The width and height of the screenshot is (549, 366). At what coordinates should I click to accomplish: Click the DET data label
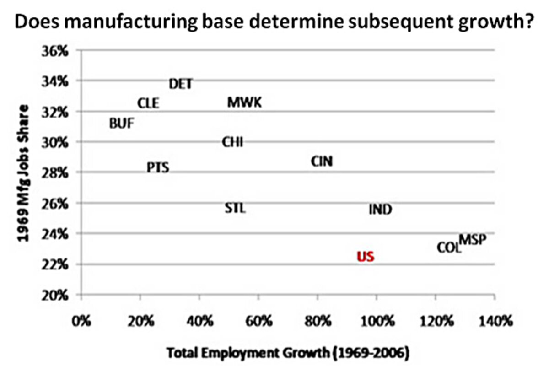tap(181, 84)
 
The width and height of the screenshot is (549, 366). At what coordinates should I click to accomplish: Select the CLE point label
tap(149, 104)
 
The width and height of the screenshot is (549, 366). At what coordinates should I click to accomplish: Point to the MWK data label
tap(245, 102)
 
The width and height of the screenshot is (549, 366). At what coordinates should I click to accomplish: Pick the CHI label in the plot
tap(232, 142)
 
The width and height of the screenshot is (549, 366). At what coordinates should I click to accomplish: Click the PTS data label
tap(158, 168)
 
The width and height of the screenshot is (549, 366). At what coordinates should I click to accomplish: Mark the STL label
tap(236, 209)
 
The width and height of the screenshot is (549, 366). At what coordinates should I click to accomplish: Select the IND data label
tap(380, 210)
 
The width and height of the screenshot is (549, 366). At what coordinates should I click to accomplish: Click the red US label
tap(366, 257)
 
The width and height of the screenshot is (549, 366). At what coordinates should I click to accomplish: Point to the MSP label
tap(473, 239)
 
